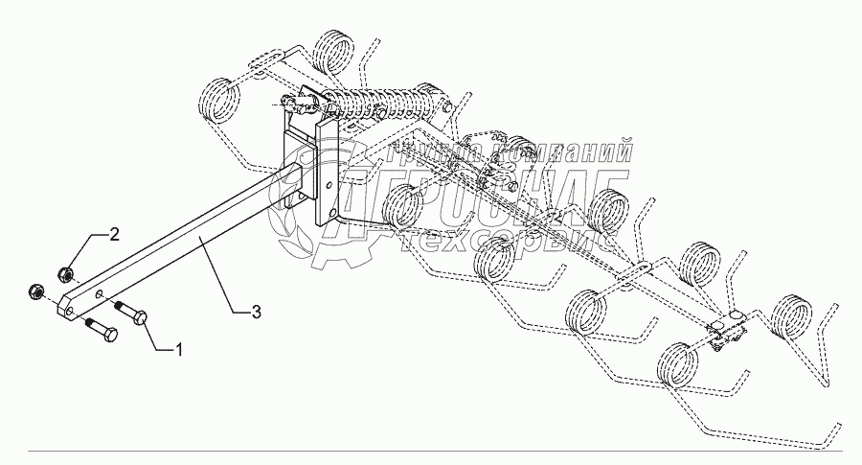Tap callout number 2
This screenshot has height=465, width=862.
click(114, 234)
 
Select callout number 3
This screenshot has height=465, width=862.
click(256, 312)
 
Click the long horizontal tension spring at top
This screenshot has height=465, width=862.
click(383, 101)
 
